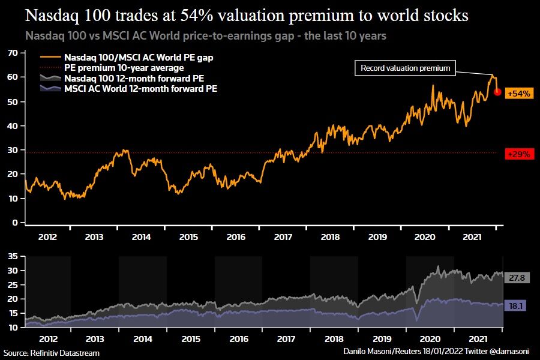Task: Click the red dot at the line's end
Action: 497,92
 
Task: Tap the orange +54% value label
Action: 518,94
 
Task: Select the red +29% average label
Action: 518,154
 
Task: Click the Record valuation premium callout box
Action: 405,68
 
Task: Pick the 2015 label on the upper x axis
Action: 190,237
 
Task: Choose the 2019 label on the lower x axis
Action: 377,338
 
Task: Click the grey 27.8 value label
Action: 516,278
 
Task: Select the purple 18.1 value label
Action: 516,305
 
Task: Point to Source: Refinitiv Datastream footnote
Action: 51,353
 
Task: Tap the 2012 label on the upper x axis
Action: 47,237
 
